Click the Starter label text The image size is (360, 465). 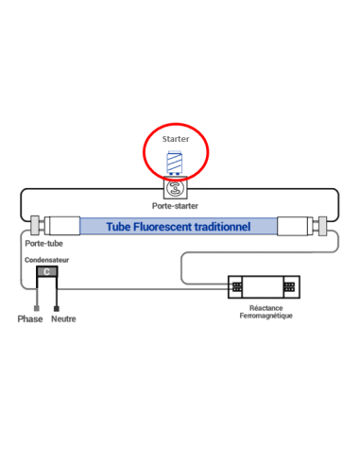pyautogui.click(x=175, y=138)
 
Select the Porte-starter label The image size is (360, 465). pyautogui.click(x=175, y=205)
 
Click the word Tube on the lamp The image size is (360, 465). pyautogui.click(x=118, y=227)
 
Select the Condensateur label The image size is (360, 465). pyautogui.click(x=46, y=259)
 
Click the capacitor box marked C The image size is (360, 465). pyautogui.click(x=47, y=272)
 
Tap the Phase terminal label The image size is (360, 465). pyautogui.click(x=31, y=319)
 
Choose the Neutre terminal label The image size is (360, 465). pyautogui.click(x=64, y=319)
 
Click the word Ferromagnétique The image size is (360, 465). pyautogui.click(x=265, y=316)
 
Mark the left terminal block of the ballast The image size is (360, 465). pyautogui.click(x=239, y=285)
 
